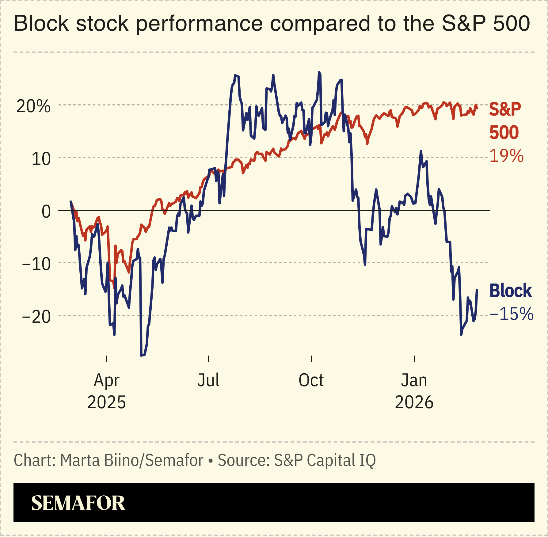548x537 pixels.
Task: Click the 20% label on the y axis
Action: pos(33,107)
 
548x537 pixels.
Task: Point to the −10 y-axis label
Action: pos(36,264)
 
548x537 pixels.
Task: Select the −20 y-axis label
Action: pos(36,317)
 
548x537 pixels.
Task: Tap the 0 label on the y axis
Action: pos(46,212)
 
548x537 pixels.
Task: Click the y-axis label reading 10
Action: pos(41,159)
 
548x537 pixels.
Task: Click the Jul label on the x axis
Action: pos(208,380)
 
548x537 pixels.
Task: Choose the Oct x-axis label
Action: pos(311,380)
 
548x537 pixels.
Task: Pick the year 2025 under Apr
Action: pos(106,402)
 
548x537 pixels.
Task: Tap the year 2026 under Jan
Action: pos(414,402)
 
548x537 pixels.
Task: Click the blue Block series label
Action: pos(510,291)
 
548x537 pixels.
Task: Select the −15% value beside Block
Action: pos(511,314)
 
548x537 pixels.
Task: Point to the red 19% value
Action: pos(506,156)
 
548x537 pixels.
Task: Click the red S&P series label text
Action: pos(505,109)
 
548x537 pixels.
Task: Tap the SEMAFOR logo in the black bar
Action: pos(78,503)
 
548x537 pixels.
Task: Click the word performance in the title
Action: pos(199,24)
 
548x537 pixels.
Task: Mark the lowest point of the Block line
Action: pos(141,356)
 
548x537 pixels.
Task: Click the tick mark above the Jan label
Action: pos(414,359)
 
